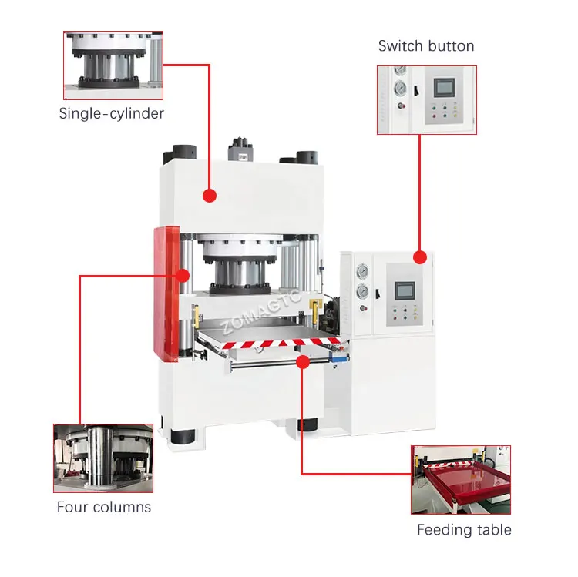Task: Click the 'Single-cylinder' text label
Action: coord(112,113)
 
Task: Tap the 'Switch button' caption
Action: coord(426,46)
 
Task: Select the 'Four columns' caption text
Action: coord(104,507)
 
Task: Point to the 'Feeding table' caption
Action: coord(464,529)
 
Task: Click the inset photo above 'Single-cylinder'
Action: coord(113,65)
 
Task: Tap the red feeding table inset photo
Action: coord(460,479)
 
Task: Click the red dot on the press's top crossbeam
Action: coord(209,196)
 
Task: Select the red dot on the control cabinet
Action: coord(419,257)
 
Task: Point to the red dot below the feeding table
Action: coord(301,361)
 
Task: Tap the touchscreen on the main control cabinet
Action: coord(405,290)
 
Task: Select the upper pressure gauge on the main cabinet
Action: coord(361,271)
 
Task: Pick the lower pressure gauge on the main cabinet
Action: coord(361,291)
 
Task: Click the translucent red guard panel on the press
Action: coord(166,293)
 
